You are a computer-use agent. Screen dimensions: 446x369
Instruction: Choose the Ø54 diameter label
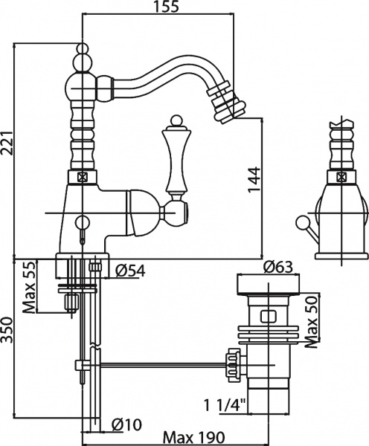point(129,271)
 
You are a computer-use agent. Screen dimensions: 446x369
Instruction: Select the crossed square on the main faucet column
point(80,178)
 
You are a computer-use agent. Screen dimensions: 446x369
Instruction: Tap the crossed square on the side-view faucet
point(340,177)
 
